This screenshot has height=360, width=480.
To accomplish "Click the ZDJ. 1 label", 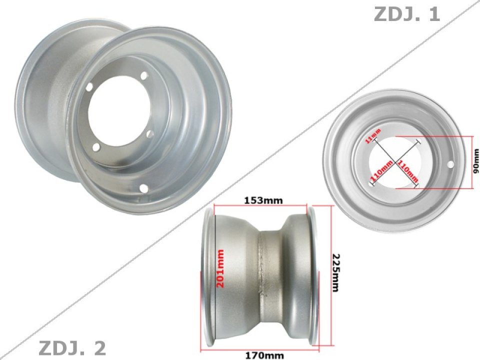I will click(x=406, y=14).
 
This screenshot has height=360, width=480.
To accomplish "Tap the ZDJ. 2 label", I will click(x=72, y=347).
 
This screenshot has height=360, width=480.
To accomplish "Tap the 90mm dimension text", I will click(x=476, y=162).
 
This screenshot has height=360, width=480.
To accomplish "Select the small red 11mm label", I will click(x=373, y=135).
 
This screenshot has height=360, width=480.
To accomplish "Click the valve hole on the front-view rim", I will click(x=450, y=164).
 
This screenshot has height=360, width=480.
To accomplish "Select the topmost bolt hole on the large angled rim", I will click(x=144, y=75).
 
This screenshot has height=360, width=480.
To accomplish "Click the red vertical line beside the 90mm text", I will click(x=472, y=163).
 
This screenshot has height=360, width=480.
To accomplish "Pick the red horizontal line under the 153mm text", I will click(x=260, y=205).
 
